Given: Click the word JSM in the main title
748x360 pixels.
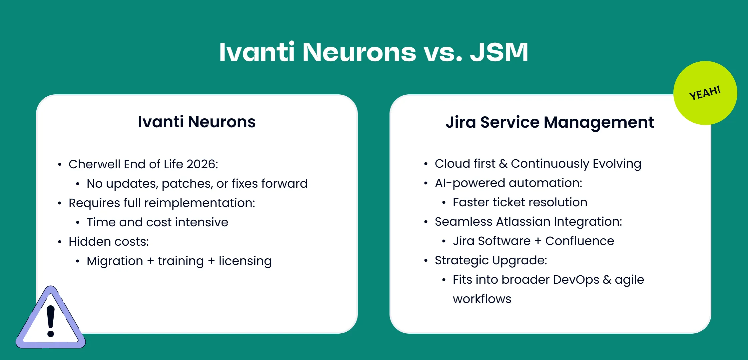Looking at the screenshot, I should tap(499, 52).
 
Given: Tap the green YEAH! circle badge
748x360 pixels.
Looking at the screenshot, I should tap(705, 93).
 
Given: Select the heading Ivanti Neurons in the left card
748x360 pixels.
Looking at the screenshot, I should tap(197, 122).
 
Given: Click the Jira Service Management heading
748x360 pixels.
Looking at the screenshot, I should tap(550, 122).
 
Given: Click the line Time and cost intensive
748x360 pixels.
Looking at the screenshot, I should tap(157, 222).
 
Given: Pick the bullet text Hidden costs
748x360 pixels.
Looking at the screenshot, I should tap(109, 242).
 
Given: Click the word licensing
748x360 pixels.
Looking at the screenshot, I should tap(245, 261).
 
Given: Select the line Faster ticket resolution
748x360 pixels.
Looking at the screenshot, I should tap(520, 202).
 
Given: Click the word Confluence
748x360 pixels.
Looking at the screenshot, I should tap(579, 241).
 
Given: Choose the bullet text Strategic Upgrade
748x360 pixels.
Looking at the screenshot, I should tap(491, 260).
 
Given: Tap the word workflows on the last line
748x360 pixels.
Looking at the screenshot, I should tap(482, 299).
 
